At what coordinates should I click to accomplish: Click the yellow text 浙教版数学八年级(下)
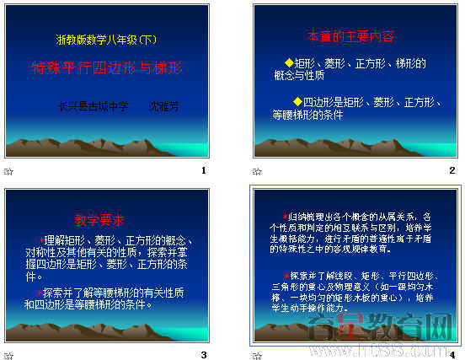[x=106, y=40]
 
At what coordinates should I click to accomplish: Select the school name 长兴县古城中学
[x=93, y=107]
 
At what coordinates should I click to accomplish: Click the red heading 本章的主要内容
[x=350, y=37]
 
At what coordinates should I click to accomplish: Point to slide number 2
[x=452, y=171]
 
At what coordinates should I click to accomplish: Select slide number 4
[x=452, y=354]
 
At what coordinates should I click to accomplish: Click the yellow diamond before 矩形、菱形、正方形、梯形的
[x=289, y=63]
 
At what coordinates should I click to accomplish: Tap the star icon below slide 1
[x=8, y=171]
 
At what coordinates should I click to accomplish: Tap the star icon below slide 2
[x=257, y=171]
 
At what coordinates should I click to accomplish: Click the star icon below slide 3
[x=8, y=354]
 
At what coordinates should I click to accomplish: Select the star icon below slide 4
[x=257, y=354]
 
